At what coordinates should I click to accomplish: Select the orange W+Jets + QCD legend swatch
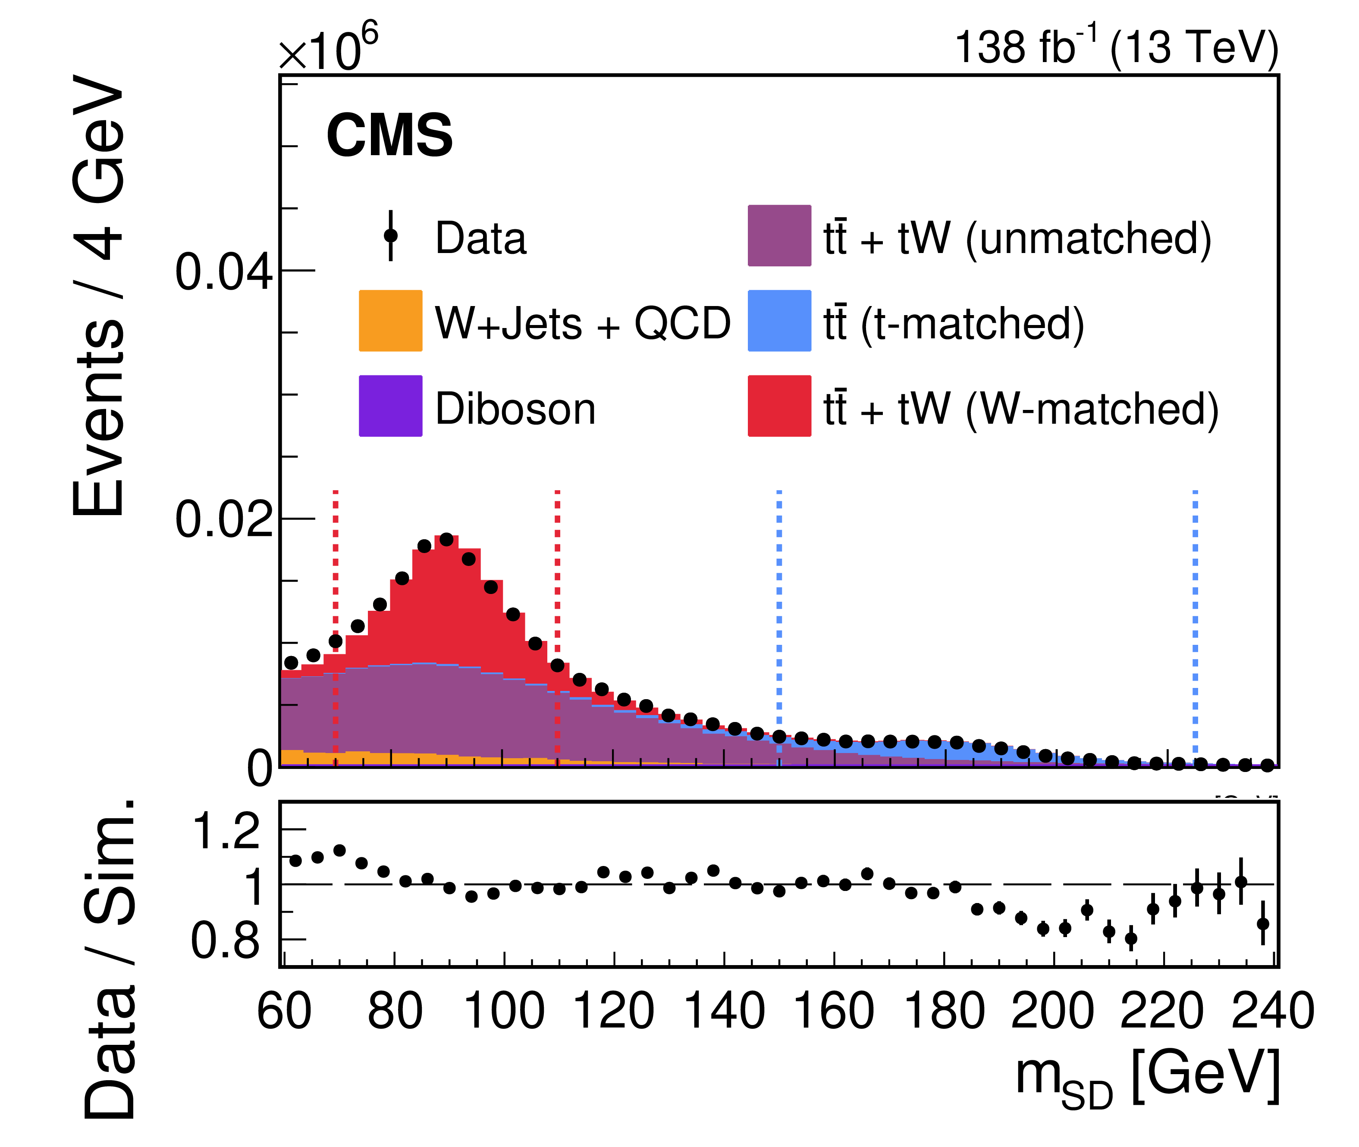coord(390,321)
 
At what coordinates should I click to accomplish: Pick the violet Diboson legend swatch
coord(390,406)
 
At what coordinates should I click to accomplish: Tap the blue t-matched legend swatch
coord(779,321)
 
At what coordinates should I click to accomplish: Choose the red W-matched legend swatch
coord(779,406)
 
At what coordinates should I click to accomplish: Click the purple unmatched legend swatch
coord(779,235)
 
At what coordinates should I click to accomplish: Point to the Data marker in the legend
coord(390,235)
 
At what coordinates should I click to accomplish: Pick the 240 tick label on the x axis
coord(1272,1011)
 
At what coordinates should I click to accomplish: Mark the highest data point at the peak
coord(446,539)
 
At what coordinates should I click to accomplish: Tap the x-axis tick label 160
coord(834,1011)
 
